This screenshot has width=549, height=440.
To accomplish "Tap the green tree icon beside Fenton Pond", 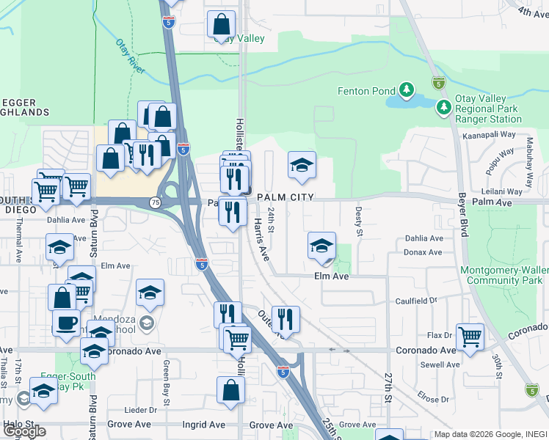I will point(406,91).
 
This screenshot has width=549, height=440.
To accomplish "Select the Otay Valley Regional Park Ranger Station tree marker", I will point(443,109).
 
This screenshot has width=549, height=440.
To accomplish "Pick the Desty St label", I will point(359,221).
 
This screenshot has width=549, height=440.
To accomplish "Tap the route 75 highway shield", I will point(155,202).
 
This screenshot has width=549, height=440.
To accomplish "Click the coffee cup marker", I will point(66,322).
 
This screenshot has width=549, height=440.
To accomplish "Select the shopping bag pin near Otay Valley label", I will point(221,25).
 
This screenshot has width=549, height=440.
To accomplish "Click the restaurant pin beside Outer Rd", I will point(286,318).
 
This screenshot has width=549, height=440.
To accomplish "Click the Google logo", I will point(24,431).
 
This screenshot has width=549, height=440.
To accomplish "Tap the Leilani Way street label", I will point(502,191).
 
